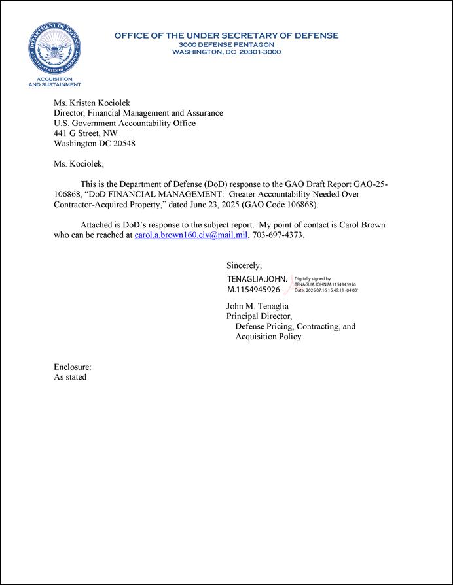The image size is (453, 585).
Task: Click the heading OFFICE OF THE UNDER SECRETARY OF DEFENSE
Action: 226,35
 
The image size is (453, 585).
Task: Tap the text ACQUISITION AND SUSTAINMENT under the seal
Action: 54,82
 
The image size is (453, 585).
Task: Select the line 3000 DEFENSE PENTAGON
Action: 226,44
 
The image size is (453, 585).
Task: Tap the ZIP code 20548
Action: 122,143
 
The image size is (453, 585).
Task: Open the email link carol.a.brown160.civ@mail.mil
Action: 190,235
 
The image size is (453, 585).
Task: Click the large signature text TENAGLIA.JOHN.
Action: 257,279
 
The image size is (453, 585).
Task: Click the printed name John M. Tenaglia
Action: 257,306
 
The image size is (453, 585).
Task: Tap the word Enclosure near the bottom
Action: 72,367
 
